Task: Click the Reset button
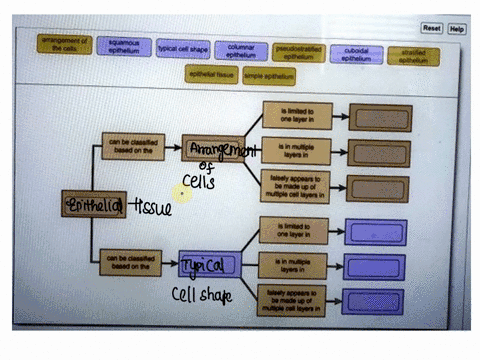point(431,29)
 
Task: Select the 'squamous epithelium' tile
point(124,47)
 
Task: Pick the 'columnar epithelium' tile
point(241,50)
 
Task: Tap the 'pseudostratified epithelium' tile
point(299,50)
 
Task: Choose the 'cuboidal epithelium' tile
point(357,52)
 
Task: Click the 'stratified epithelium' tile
point(413,54)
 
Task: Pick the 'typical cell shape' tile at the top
point(183,48)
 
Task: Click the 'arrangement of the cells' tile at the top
point(65,44)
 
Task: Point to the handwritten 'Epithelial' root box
point(94,205)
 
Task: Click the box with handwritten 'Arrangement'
point(213,150)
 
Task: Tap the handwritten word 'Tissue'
point(152,208)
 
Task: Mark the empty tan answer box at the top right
point(376,118)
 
